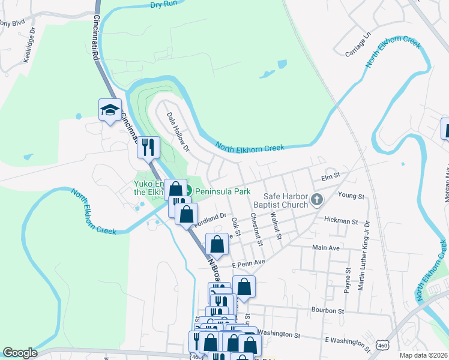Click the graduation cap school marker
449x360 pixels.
click(110, 110)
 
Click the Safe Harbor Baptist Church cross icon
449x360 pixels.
click(318, 199)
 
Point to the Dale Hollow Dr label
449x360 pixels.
click(178, 131)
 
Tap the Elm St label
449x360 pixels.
click(331, 175)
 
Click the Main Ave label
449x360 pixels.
click(327, 247)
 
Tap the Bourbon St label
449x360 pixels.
click(327, 311)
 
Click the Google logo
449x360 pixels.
click(20, 353)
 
